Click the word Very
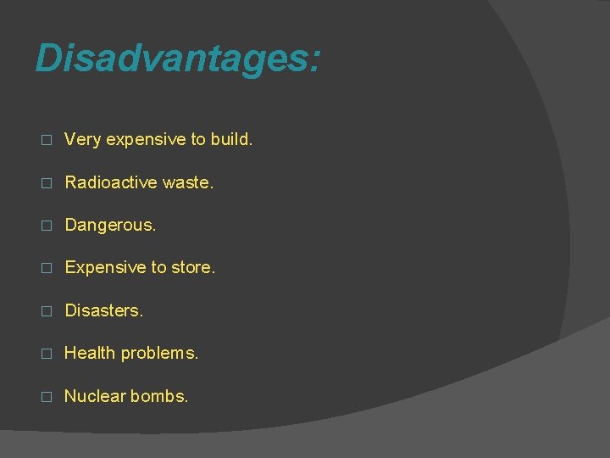point(83,139)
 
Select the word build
point(231,139)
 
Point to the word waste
point(186,182)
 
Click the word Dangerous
point(110,225)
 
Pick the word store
point(194,267)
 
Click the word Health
point(90,353)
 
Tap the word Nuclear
point(92,396)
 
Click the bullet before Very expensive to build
point(47,140)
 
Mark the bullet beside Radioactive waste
point(47,182)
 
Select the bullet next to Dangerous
point(47,226)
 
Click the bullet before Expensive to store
point(47,268)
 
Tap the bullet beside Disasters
point(47,311)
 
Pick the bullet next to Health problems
point(47,354)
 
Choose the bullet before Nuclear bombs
point(47,397)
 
